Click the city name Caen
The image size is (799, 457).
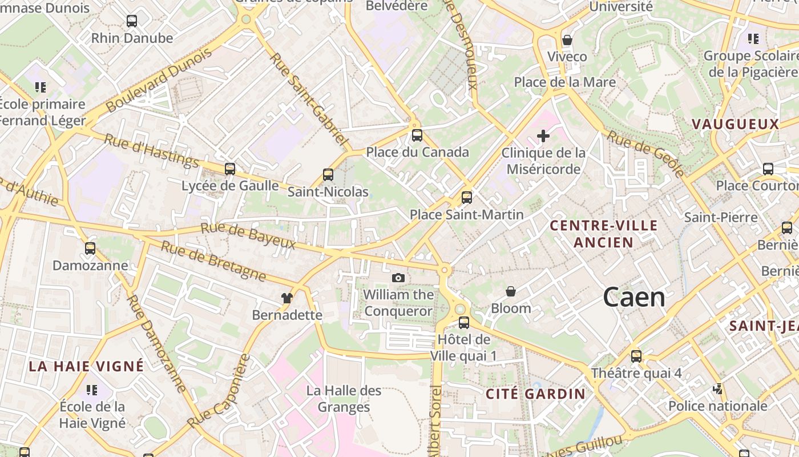click(x=634, y=298)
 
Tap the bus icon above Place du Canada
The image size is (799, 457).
click(x=417, y=135)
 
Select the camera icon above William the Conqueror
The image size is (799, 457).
click(x=398, y=278)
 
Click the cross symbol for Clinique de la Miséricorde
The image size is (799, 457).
click(x=543, y=136)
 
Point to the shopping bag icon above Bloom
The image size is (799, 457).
click(x=511, y=291)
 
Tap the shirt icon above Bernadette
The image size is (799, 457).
click(x=287, y=298)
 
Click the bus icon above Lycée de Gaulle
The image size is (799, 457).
click(x=230, y=169)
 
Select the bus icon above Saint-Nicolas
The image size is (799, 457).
click(x=328, y=175)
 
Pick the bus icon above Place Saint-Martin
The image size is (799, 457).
click(x=467, y=198)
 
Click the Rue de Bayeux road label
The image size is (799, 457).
click(x=248, y=236)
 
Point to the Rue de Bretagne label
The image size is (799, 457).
click(x=213, y=260)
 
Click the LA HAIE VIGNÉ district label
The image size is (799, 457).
click(x=87, y=366)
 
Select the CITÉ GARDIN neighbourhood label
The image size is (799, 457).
click(x=535, y=394)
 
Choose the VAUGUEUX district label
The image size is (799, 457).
click(x=735, y=124)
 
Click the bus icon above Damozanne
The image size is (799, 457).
click(x=90, y=248)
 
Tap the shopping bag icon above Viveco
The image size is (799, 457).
click(x=567, y=40)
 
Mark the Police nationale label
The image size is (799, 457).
click(x=717, y=406)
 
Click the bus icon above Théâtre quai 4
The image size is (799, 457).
click(x=636, y=356)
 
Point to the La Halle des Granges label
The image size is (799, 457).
click(x=344, y=399)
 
